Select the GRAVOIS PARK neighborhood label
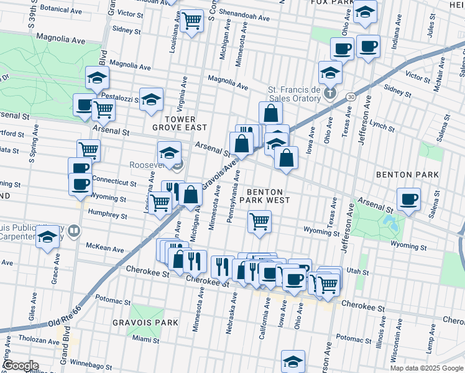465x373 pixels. (145, 323)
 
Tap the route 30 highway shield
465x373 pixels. (351, 97)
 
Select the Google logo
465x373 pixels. (21, 366)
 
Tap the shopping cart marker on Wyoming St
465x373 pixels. (259, 221)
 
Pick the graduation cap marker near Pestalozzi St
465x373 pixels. (151, 99)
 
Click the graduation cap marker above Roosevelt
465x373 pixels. (169, 152)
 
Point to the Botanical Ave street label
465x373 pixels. (62, 10)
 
